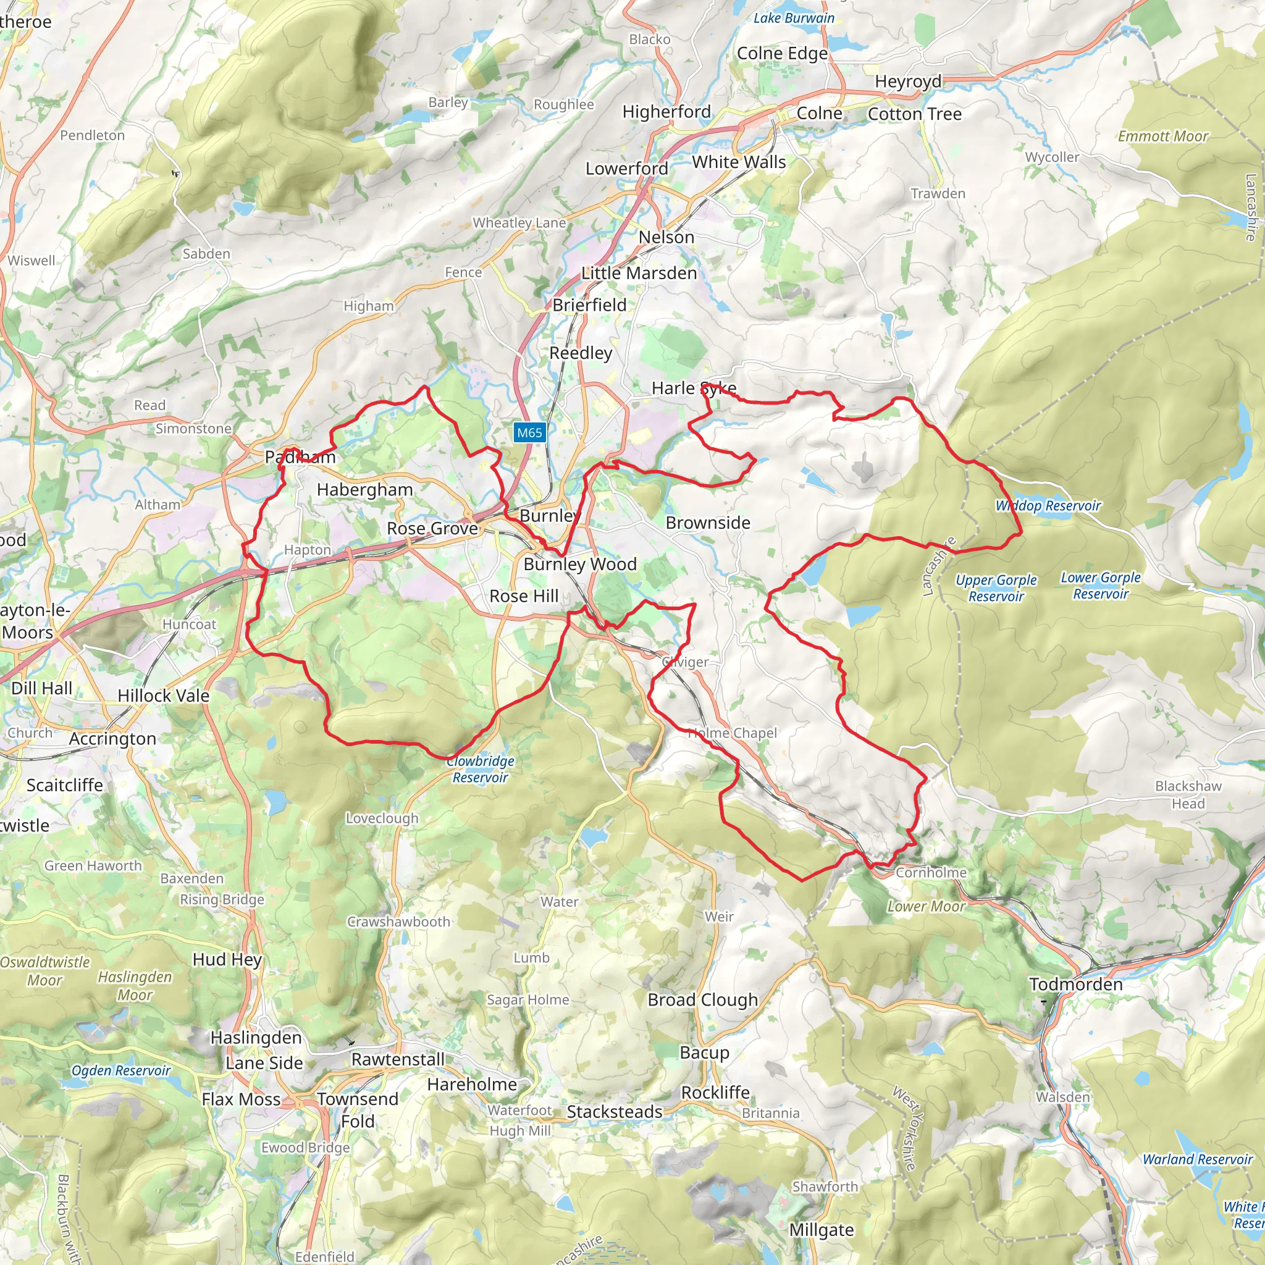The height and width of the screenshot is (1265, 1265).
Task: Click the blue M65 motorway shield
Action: [529, 432]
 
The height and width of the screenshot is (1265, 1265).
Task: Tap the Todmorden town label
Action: [1075, 984]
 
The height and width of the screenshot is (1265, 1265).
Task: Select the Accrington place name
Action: [112, 739]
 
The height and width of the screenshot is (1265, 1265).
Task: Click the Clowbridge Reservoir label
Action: [481, 770]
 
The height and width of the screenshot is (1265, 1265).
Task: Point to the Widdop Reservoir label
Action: [1048, 505]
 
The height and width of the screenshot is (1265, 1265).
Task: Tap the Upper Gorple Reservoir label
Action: [996, 588]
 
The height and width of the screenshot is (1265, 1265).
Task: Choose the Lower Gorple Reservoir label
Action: [1101, 586]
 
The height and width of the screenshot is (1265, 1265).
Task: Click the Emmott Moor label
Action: [1163, 136]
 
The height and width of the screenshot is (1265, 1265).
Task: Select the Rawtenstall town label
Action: [398, 1059]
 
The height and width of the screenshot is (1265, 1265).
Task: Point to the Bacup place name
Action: [705, 1052]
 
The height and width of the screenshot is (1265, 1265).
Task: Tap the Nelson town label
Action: [666, 237]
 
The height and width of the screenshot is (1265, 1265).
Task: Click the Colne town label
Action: [819, 113]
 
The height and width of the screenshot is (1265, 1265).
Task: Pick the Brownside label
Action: [708, 523]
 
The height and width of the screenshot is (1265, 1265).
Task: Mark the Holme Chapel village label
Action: [732, 733]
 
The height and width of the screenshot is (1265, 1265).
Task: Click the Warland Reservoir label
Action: [1198, 1159]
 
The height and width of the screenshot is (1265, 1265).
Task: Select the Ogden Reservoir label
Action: [120, 1070]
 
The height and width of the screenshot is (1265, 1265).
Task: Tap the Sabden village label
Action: [206, 254]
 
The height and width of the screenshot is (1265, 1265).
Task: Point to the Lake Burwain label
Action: [794, 19]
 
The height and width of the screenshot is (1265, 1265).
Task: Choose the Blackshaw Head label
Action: [1188, 794]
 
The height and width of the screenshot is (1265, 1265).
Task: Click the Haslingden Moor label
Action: [135, 985]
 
